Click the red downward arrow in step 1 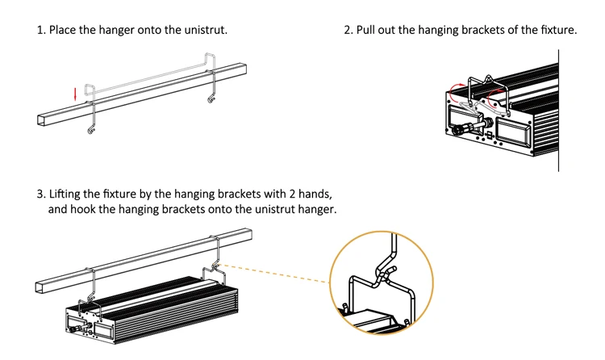76,93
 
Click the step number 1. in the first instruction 40,30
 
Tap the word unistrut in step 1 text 205,30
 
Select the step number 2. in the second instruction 348,30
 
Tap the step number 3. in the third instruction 40,195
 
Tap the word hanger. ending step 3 316,210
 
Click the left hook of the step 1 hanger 91,128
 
